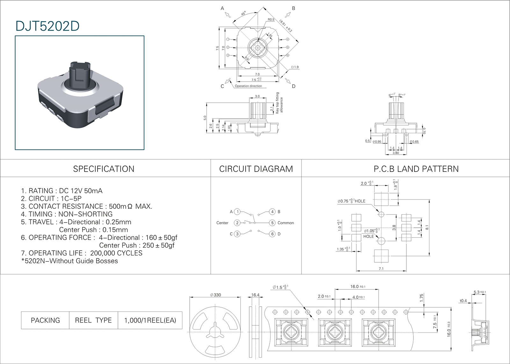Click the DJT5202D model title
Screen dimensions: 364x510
(47, 26)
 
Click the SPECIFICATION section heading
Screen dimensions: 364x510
(104, 169)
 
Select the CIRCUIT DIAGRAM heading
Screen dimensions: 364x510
(256, 169)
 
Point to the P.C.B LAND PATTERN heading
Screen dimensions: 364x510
(416, 169)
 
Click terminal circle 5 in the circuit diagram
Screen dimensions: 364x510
(272, 223)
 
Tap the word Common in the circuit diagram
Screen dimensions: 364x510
(286, 223)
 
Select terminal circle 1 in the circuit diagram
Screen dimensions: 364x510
(237, 212)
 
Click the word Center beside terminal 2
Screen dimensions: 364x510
(222, 223)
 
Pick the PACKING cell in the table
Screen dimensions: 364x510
(45, 320)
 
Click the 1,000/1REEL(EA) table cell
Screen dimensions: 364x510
(150, 320)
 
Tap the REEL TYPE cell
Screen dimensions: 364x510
(93, 320)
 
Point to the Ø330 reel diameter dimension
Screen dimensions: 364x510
(215, 295)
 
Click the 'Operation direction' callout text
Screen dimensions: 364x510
(248, 86)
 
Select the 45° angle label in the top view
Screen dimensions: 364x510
(244, 14)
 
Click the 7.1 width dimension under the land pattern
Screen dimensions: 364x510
(381, 269)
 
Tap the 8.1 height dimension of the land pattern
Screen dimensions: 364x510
(427, 227)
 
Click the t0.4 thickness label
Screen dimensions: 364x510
(463, 301)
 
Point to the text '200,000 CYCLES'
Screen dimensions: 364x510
(116, 253)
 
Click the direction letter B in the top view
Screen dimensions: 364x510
(294, 9)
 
